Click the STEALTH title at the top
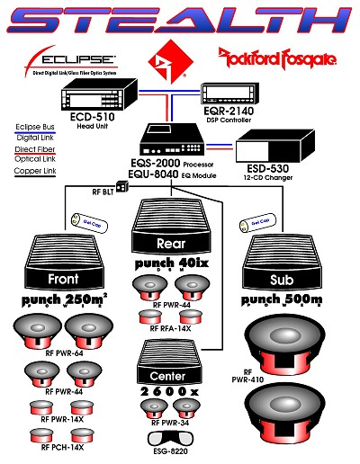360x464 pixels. [180, 20]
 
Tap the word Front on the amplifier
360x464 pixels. [64, 279]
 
